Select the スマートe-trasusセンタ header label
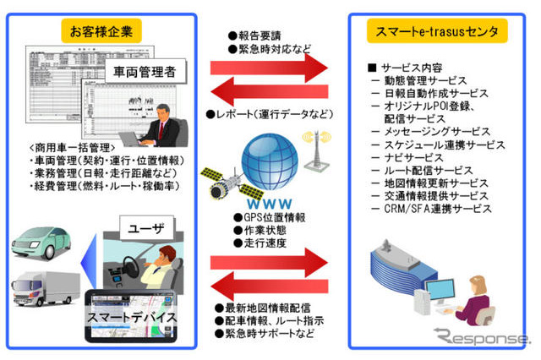[437, 32]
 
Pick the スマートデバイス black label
[133, 319]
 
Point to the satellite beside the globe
[221, 180]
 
